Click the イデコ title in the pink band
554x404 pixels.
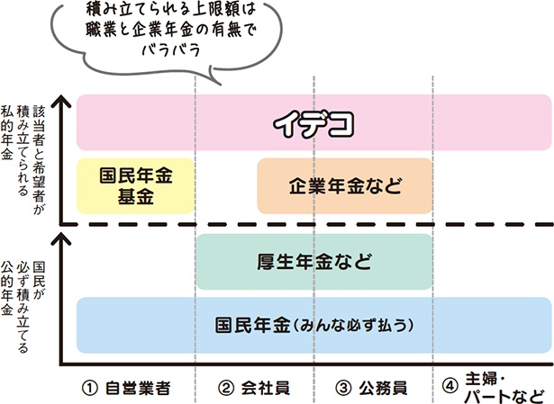(313, 124)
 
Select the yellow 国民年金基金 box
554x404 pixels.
(136, 186)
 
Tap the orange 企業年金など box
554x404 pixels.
(345, 186)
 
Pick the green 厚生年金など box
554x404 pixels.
(314, 262)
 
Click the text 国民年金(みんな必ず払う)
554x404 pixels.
(314, 325)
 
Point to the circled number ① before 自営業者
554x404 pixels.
(90, 388)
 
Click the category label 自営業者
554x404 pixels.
(138, 388)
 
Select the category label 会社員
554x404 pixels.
(266, 388)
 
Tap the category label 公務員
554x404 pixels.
(383, 388)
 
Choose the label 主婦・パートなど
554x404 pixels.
(504, 388)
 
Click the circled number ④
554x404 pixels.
(450, 386)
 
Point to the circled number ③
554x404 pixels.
(343, 388)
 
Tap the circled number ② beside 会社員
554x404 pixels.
(225, 388)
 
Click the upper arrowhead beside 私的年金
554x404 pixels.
(61, 101)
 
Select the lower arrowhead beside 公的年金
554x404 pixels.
(61, 238)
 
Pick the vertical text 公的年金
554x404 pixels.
(6, 288)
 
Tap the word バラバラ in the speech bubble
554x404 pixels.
(171, 50)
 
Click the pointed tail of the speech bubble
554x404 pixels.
(221, 85)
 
